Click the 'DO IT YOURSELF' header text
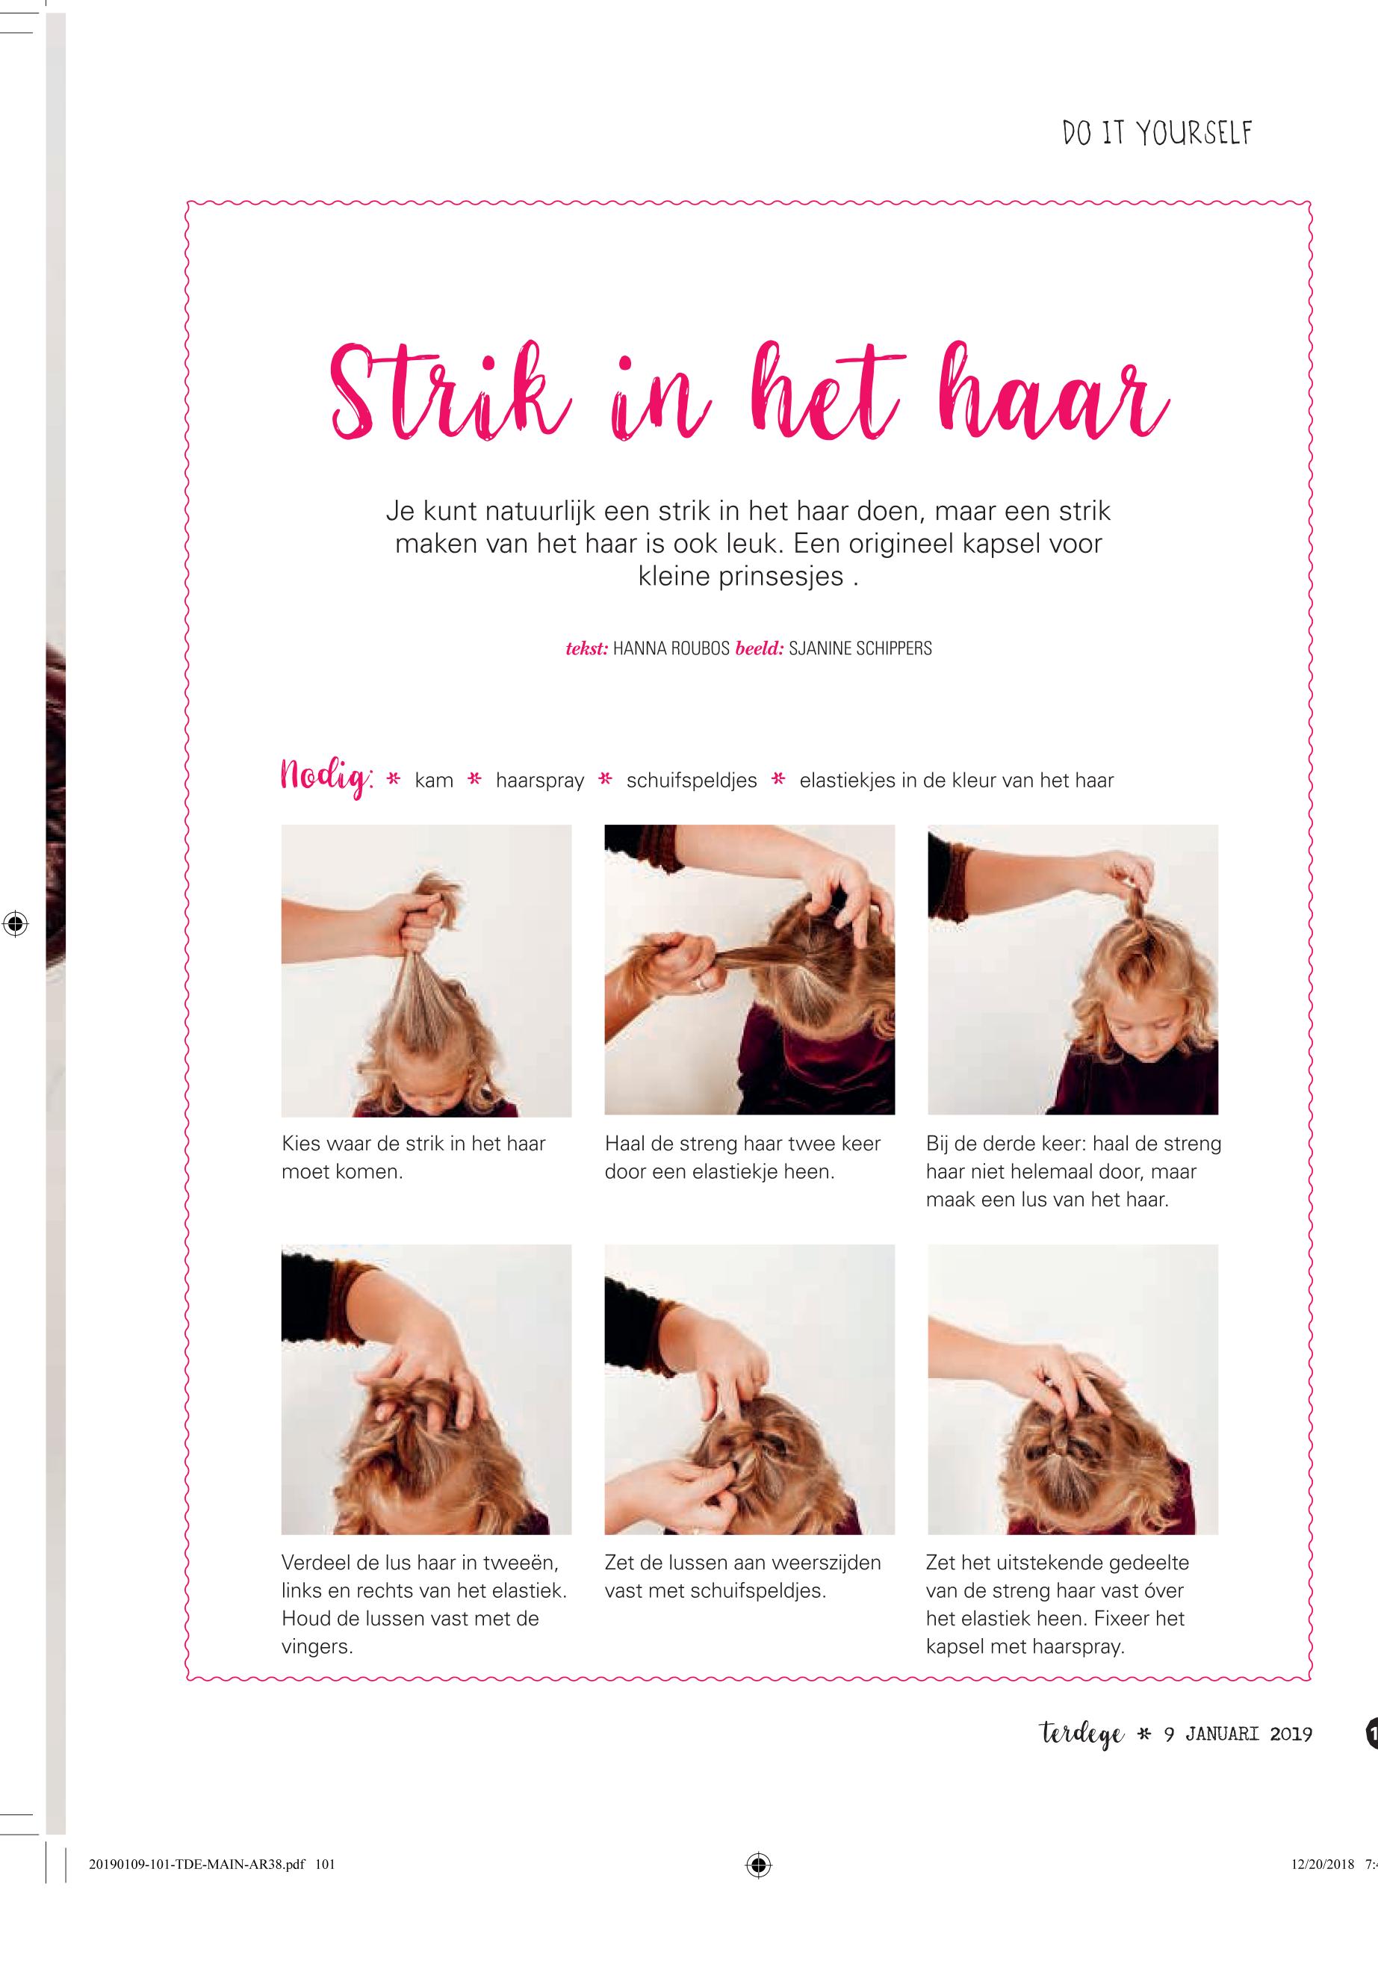[x=1157, y=134]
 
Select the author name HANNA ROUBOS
[x=671, y=648]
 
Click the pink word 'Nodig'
[x=325, y=780]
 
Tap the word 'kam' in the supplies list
[x=433, y=781]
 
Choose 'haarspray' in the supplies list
[x=540, y=781]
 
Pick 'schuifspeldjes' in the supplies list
[x=692, y=781]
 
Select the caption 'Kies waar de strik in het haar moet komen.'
[x=414, y=1157]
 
